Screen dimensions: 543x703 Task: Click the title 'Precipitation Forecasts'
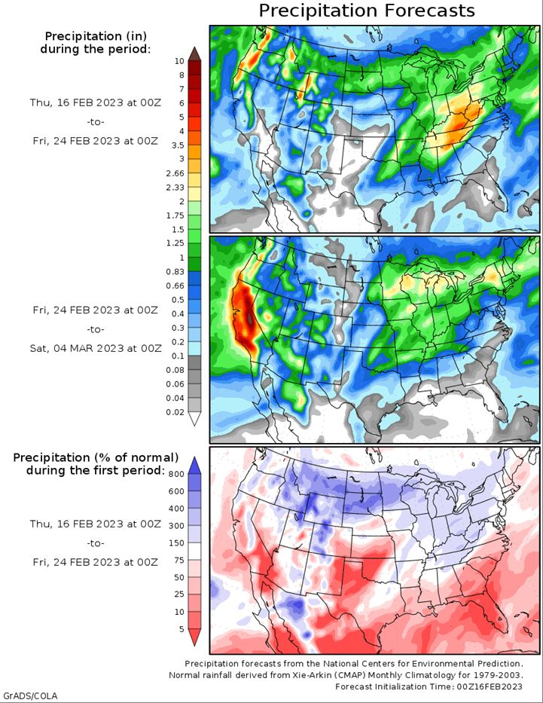tap(367, 11)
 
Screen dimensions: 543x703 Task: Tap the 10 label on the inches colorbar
tap(179, 61)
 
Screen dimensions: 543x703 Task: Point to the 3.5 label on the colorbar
tap(178, 145)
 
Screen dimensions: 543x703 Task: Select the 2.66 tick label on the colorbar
tap(175, 173)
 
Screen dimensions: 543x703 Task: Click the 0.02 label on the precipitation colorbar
tap(175, 412)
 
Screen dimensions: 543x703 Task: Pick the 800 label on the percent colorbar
tap(176, 475)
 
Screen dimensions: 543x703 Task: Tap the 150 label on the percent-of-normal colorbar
tap(176, 543)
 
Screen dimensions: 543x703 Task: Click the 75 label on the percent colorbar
tap(179, 561)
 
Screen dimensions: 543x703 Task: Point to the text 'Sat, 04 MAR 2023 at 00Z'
tap(96, 348)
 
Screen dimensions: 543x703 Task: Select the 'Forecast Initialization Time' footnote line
tap(429, 686)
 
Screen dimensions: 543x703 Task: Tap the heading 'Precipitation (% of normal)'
tap(96, 458)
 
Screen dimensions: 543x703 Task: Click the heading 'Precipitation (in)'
tap(96, 36)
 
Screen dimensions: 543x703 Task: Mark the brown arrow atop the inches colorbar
tap(194, 53)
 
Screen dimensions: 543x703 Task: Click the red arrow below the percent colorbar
tap(194, 637)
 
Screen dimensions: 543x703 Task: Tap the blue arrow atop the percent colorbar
tap(194, 466)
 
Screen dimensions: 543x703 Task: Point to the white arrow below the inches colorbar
tap(194, 419)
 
